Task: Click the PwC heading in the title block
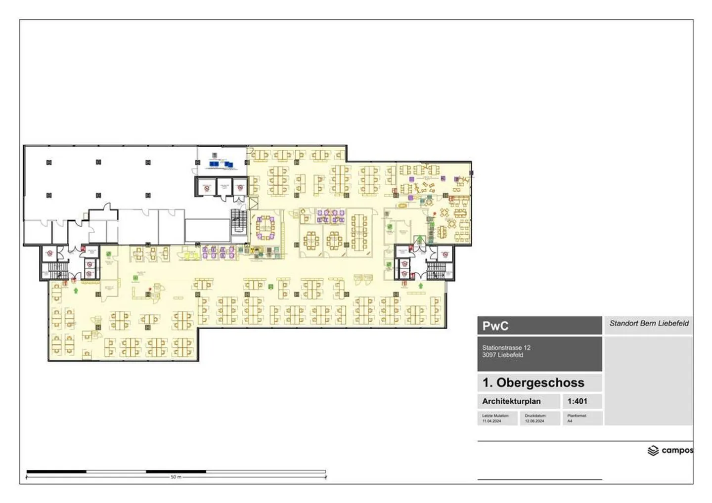pyautogui.click(x=495, y=326)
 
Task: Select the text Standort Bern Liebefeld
pyautogui.click(x=649, y=324)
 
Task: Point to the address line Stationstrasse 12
pyautogui.click(x=506, y=348)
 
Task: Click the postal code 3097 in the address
pyautogui.click(x=489, y=355)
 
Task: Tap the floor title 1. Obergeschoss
pyautogui.click(x=533, y=382)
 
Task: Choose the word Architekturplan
pyautogui.click(x=511, y=401)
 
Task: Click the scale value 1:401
pyautogui.click(x=577, y=401)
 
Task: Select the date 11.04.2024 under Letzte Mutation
pyautogui.click(x=491, y=421)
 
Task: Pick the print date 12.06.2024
pyautogui.click(x=534, y=421)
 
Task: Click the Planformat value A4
pyautogui.click(x=570, y=421)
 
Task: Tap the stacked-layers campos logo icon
pyautogui.click(x=653, y=451)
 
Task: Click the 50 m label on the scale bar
pyautogui.click(x=176, y=477)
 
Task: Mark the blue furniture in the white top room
pyautogui.click(x=221, y=164)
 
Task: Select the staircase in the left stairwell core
pyautogui.click(x=57, y=271)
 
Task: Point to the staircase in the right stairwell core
pyautogui.click(x=436, y=270)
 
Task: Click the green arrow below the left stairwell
pyautogui.click(x=76, y=290)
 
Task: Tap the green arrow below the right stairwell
pyautogui.click(x=420, y=286)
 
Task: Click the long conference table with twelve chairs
pyautogui.click(x=359, y=231)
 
